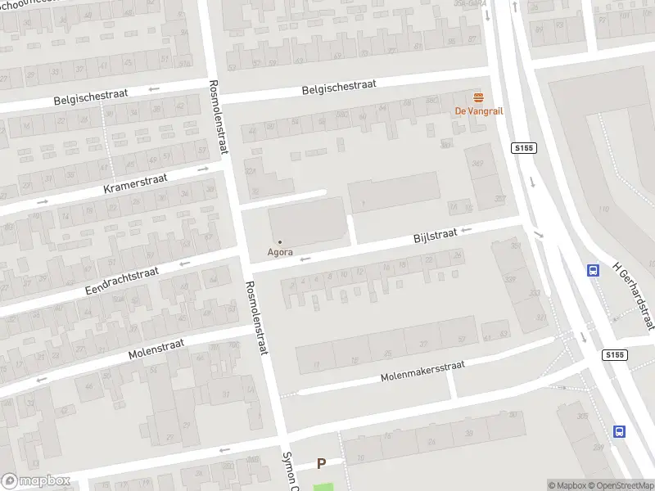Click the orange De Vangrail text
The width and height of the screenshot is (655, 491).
(x=478, y=111)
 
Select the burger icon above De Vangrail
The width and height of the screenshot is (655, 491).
(x=478, y=97)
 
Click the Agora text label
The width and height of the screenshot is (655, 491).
(x=280, y=252)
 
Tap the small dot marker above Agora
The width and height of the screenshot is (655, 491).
(x=280, y=241)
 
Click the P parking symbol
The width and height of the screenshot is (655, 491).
(x=321, y=464)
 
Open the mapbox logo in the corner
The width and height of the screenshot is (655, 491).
(x=35, y=481)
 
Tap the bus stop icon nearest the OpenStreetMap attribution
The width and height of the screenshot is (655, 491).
(x=620, y=431)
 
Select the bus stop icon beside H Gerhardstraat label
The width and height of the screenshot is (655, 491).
(x=593, y=271)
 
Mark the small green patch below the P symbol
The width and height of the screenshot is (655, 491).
(x=323, y=487)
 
